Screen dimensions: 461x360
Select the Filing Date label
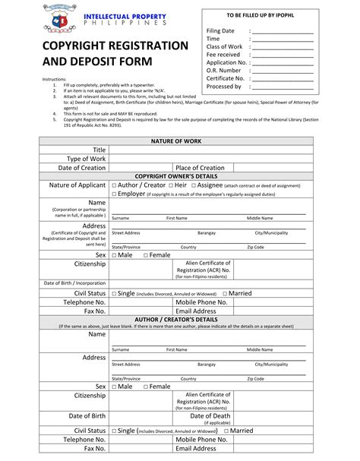pos(221,30)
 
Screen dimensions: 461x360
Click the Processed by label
pos(224,87)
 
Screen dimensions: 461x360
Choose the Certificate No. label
pos(226,78)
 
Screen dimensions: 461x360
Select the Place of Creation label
pos(200,168)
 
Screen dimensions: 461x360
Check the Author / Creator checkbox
pos(114,185)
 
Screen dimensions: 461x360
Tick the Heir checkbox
pos(170,185)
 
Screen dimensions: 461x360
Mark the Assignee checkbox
pos(194,185)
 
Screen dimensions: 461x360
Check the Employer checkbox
pos(114,194)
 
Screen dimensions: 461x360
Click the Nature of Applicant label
pos(77,185)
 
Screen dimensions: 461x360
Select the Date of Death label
pos(210,416)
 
